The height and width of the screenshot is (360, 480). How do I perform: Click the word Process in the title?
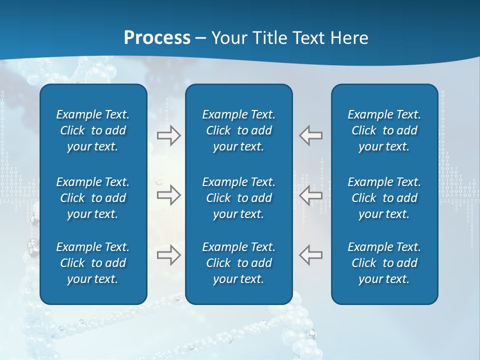(x=157, y=37)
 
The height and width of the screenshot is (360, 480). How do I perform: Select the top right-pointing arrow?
(x=169, y=135)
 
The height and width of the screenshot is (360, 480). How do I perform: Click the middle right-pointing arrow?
(x=169, y=195)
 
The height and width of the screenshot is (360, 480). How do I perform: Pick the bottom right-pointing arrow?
(x=169, y=255)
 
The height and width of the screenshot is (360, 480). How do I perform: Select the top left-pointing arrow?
(x=310, y=135)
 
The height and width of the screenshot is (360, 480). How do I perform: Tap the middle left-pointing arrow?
(x=310, y=195)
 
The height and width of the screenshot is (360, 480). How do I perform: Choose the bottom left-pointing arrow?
(x=310, y=255)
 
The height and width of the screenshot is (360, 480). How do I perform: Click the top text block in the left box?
(x=93, y=130)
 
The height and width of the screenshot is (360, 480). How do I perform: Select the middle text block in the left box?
(x=93, y=198)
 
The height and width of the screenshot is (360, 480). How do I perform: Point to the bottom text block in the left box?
(x=93, y=263)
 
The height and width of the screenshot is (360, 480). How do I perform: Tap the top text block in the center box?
(x=238, y=130)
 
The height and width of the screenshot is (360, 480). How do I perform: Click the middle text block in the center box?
(x=238, y=198)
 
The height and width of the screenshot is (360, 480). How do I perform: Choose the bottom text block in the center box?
(x=238, y=263)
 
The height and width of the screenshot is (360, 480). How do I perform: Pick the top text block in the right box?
(x=384, y=130)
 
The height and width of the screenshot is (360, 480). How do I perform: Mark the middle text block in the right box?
(x=384, y=198)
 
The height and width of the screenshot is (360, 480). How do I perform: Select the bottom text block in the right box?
(x=384, y=263)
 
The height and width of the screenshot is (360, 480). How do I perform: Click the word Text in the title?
(x=307, y=37)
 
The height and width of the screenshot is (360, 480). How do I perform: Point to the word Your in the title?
(x=228, y=37)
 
